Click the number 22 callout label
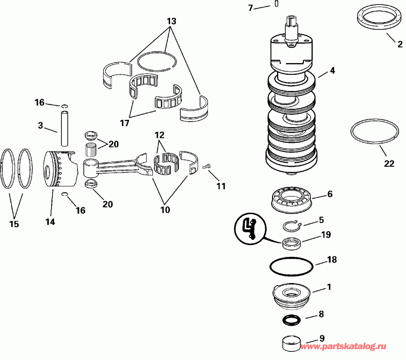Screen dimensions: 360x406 pos(389,164)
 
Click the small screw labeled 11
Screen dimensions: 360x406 pos(208,167)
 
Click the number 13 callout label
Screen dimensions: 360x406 pos(171,21)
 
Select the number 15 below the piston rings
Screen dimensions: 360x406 pos(14,223)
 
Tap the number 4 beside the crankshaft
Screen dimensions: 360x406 pos(332,70)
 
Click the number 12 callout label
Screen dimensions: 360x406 pos(159,135)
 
